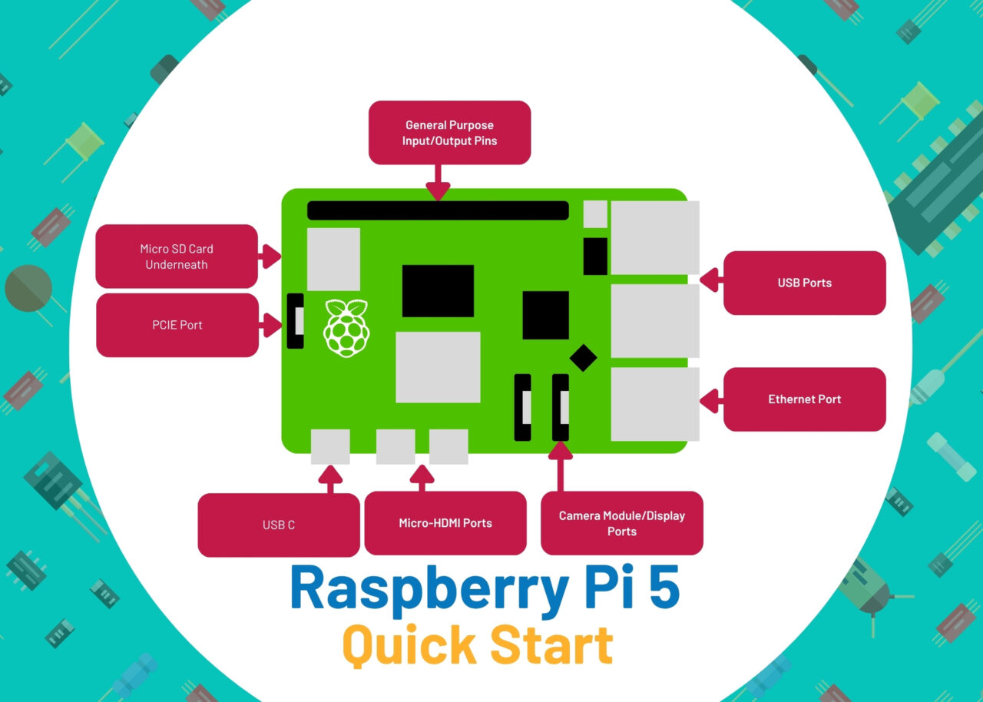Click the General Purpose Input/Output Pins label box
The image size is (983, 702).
tap(449, 133)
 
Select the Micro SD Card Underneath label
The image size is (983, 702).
tap(177, 257)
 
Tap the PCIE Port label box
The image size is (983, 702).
tap(177, 325)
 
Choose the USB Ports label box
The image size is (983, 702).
tap(804, 283)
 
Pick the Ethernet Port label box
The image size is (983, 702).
tap(804, 399)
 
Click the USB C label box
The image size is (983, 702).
tap(278, 525)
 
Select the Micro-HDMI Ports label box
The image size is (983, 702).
tap(445, 523)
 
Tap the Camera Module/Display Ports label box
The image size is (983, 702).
tap(621, 523)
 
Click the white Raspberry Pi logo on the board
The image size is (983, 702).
tap(346, 328)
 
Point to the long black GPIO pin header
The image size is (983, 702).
tap(438, 210)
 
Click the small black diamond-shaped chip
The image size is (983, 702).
tap(583, 357)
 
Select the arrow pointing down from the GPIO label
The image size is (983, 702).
tap(438, 184)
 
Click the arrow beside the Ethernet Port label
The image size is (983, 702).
tap(710, 400)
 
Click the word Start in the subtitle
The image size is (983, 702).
tap(552, 646)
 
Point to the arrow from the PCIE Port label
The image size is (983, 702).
tap(270, 325)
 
